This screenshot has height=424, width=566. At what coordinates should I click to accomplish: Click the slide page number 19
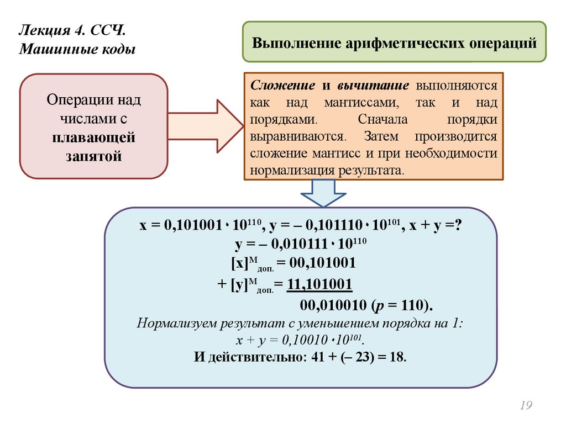click(x=525, y=406)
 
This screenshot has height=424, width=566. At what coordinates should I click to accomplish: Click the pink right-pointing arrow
click(x=205, y=126)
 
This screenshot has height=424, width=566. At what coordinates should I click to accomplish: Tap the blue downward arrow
click(x=324, y=193)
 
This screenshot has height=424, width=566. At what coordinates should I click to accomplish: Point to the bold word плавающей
click(x=94, y=137)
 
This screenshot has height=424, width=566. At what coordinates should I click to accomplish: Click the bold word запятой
click(x=94, y=156)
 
